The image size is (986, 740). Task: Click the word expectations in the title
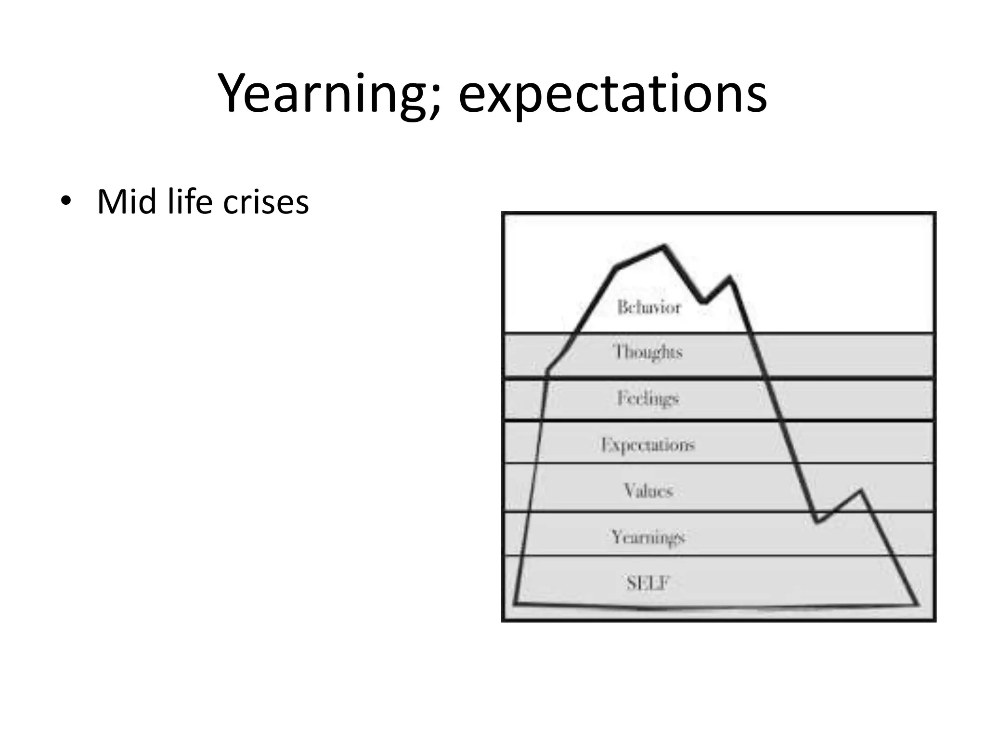click(612, 93)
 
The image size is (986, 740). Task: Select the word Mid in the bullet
click(127, 201)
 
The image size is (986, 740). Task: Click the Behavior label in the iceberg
click(649, 307)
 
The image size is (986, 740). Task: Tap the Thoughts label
click(648, 352)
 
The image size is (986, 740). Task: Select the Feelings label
click(648, 398)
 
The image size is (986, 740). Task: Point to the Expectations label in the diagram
click(648, 444)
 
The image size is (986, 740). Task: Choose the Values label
click(648, 490)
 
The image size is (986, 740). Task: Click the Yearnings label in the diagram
click(648, 537)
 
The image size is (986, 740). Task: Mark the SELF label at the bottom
click(648, 583)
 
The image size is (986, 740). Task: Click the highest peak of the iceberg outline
click(664, 246)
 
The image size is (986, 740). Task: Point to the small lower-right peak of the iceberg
click(861, 491)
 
